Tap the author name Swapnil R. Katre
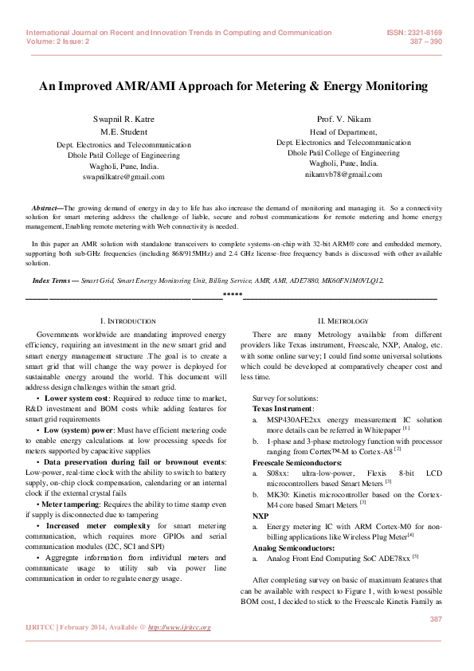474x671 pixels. pos(123,119)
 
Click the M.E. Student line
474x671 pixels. pos(123,131)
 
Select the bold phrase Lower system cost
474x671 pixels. pos(79,396)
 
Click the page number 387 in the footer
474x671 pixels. pos(436,619)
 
